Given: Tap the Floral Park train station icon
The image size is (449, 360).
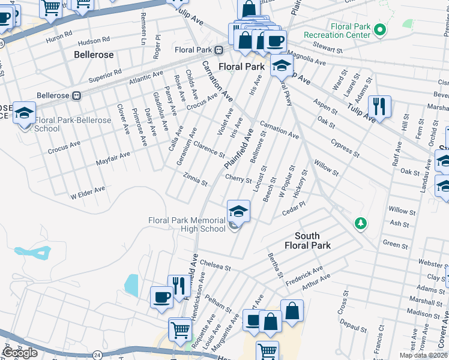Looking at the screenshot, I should (220, 49).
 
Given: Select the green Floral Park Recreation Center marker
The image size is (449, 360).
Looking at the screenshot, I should (379, 29).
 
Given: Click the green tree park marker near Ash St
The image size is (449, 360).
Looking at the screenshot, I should (360, 224).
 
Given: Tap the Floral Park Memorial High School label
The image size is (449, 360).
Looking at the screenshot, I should (187, 224).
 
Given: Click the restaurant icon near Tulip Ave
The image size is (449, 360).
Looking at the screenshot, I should (379, 107).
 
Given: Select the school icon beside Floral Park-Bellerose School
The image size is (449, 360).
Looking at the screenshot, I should (24, 113).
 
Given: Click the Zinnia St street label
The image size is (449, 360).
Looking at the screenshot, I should (196, 178).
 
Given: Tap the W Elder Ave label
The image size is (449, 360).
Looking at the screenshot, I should (88, 192).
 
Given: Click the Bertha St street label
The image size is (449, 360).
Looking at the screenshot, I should (276, 265).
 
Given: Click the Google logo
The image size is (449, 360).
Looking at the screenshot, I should (20, 352).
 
